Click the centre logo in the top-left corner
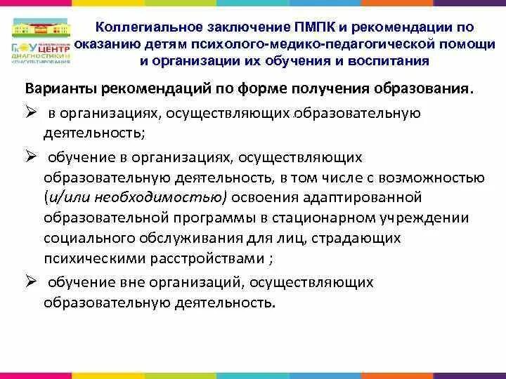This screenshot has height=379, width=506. (41, 41)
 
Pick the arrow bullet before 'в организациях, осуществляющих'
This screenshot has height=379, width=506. (30, 113)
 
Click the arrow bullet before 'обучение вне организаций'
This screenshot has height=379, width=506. (30, 281)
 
